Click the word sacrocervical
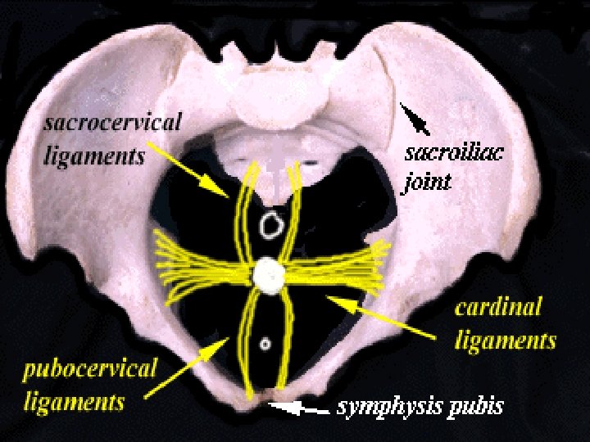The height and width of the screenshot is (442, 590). [x=113, y=125]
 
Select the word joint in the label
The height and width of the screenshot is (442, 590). [x=426, y=182]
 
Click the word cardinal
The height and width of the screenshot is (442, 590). [x=498, y=309]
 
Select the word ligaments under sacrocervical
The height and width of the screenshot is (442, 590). [x=94, y=155]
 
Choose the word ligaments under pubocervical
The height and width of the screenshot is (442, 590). [x=75, y=400]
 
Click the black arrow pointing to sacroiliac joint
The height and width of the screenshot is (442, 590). [x=415, y=118]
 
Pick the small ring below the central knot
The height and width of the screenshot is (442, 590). [x=265, y=344]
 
